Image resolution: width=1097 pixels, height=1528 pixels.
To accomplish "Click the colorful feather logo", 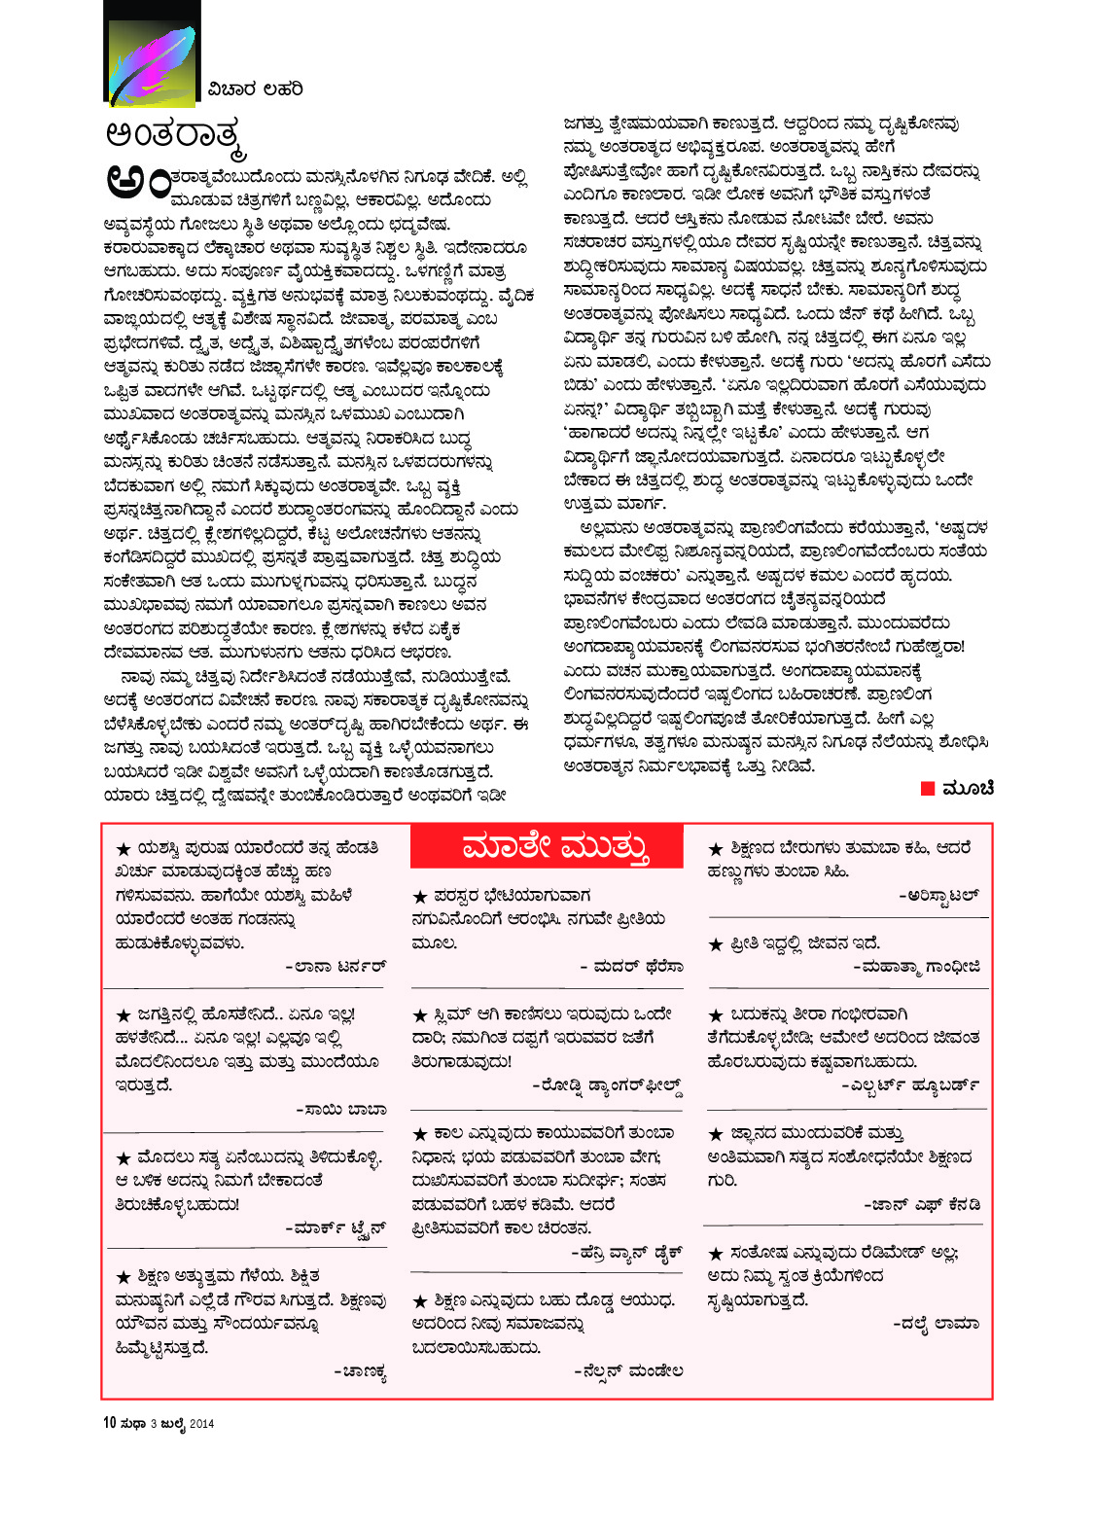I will click(151, 53).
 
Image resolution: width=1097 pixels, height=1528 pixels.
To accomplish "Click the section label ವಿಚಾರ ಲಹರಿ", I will click(255, 89).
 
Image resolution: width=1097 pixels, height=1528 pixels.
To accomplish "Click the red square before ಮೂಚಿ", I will click(927, 788).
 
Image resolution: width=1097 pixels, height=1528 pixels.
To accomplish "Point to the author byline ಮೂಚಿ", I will click(969, 788).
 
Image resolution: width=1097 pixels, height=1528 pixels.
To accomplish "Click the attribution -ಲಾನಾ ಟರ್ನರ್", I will click(336, 967).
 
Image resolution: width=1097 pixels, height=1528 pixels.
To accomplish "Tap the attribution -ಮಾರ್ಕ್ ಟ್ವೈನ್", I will click(336, 1228).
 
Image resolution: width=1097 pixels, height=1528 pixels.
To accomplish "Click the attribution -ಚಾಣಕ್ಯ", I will click(360, 1372).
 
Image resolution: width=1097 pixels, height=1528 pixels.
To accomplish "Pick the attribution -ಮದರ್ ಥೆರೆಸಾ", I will click(631, 967).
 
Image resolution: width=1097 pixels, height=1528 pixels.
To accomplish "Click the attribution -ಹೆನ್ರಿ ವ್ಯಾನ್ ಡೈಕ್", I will click(626, 1253).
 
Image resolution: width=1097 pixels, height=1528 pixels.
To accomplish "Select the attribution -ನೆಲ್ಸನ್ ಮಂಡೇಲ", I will click(628, 1371).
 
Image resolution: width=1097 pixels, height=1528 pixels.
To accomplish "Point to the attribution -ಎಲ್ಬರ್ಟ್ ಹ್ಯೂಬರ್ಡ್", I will click(910, 1085).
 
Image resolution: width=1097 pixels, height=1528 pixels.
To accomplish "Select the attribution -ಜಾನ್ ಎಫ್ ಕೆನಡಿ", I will click(922, 1205).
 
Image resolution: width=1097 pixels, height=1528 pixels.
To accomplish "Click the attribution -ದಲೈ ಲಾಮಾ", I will click(936, 1324).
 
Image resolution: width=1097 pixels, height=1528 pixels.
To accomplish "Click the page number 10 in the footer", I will click(110, 1423).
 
